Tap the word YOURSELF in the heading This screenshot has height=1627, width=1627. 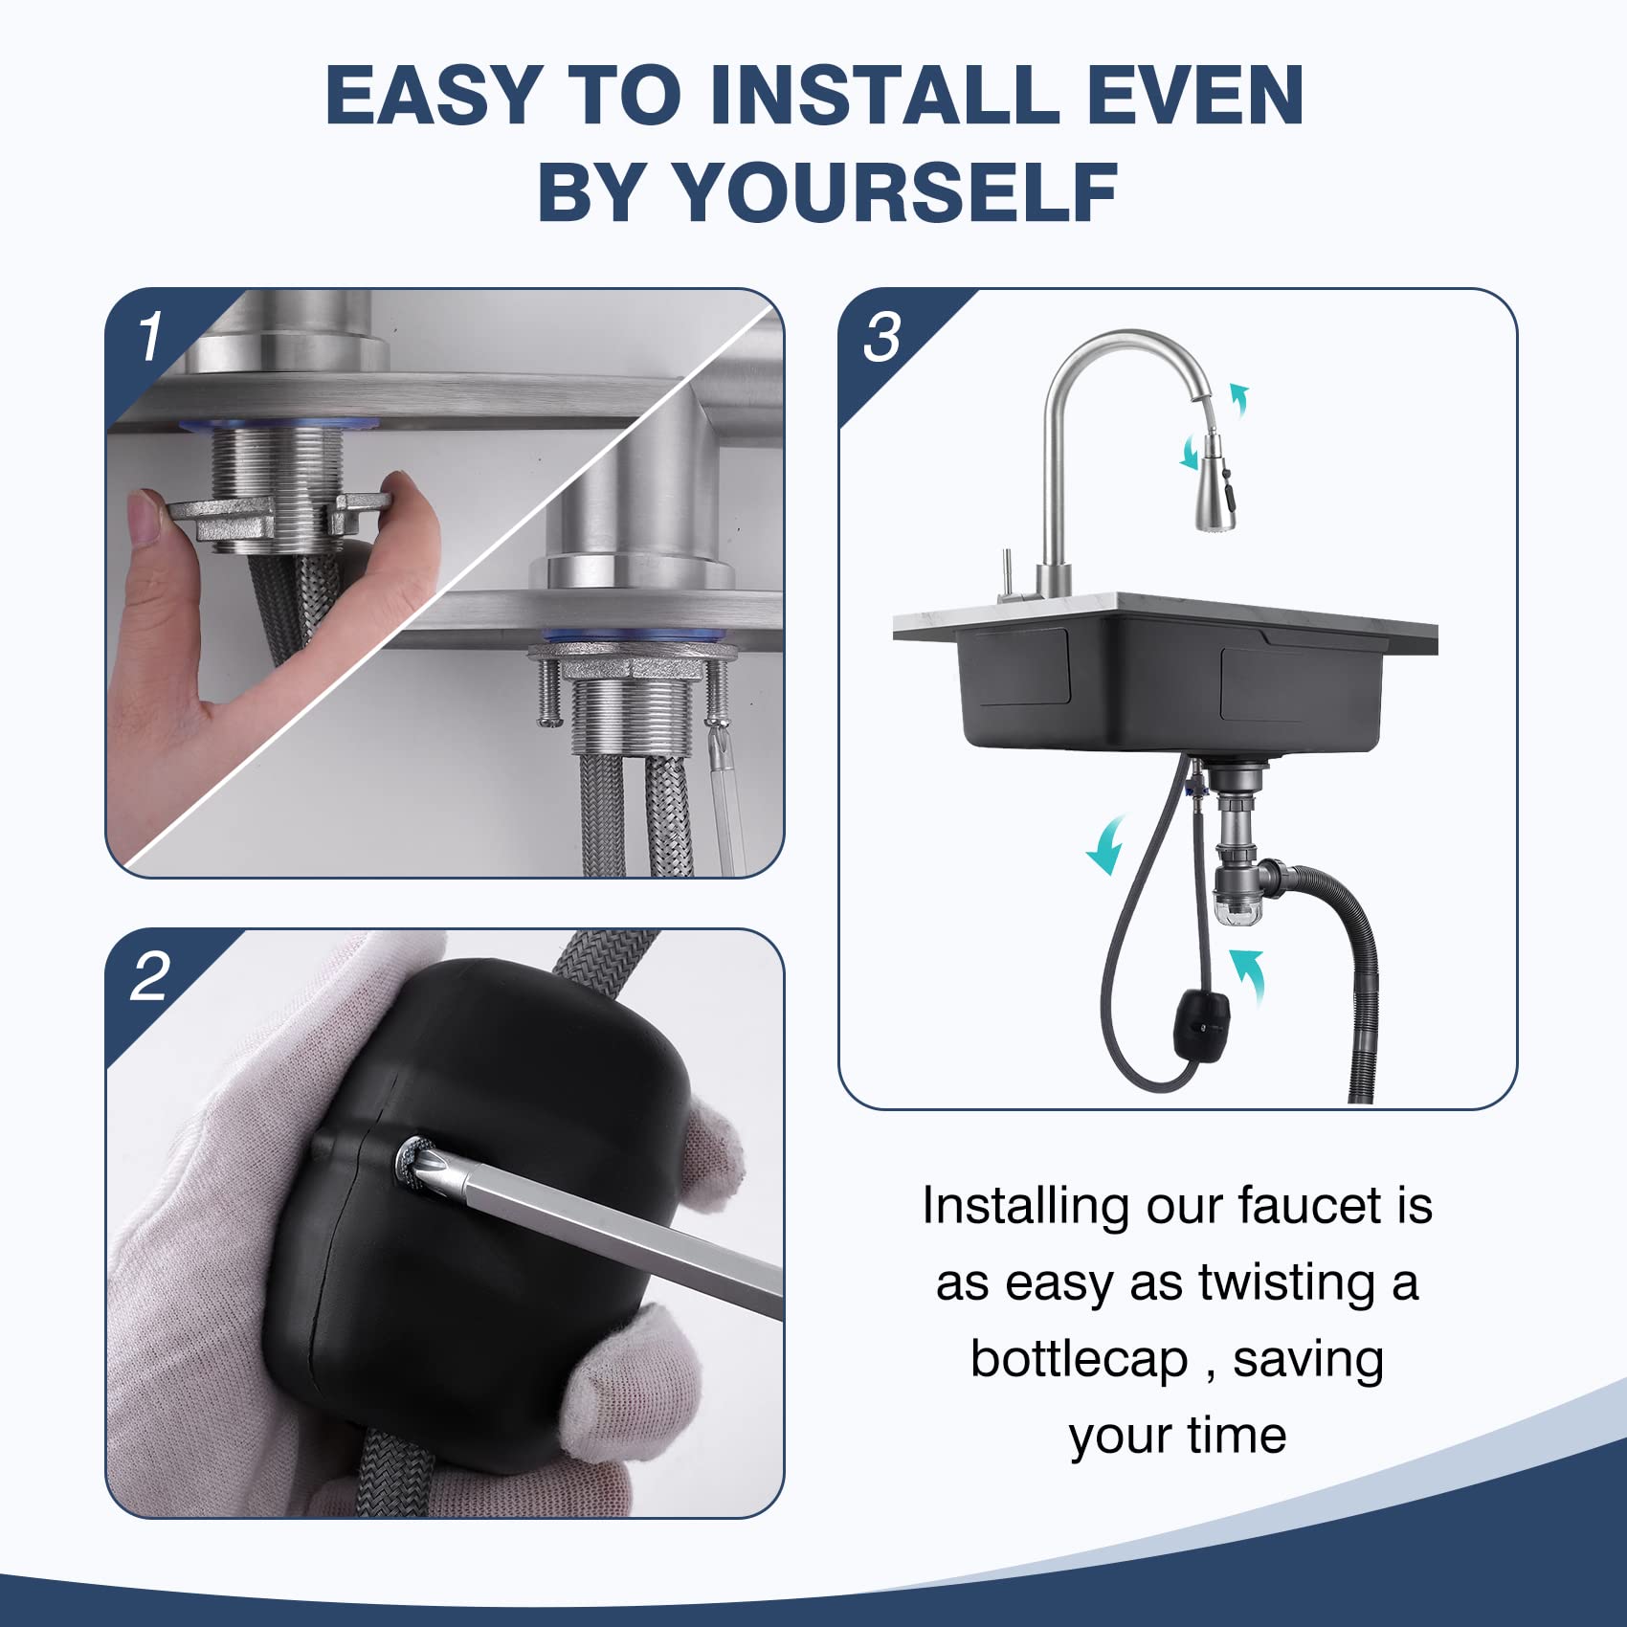tap(896, 192)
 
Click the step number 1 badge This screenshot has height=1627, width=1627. tap(150, 338)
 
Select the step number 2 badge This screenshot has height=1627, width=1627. tap(150, 977)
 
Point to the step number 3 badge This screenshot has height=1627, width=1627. tap(881, 338)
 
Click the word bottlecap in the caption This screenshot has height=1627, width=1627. tap(1079, 1359)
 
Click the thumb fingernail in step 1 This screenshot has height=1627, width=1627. tap(145, 518)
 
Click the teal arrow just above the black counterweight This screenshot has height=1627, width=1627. tap(1248, 974)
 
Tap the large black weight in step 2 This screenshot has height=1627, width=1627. tap(479, 1196)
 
